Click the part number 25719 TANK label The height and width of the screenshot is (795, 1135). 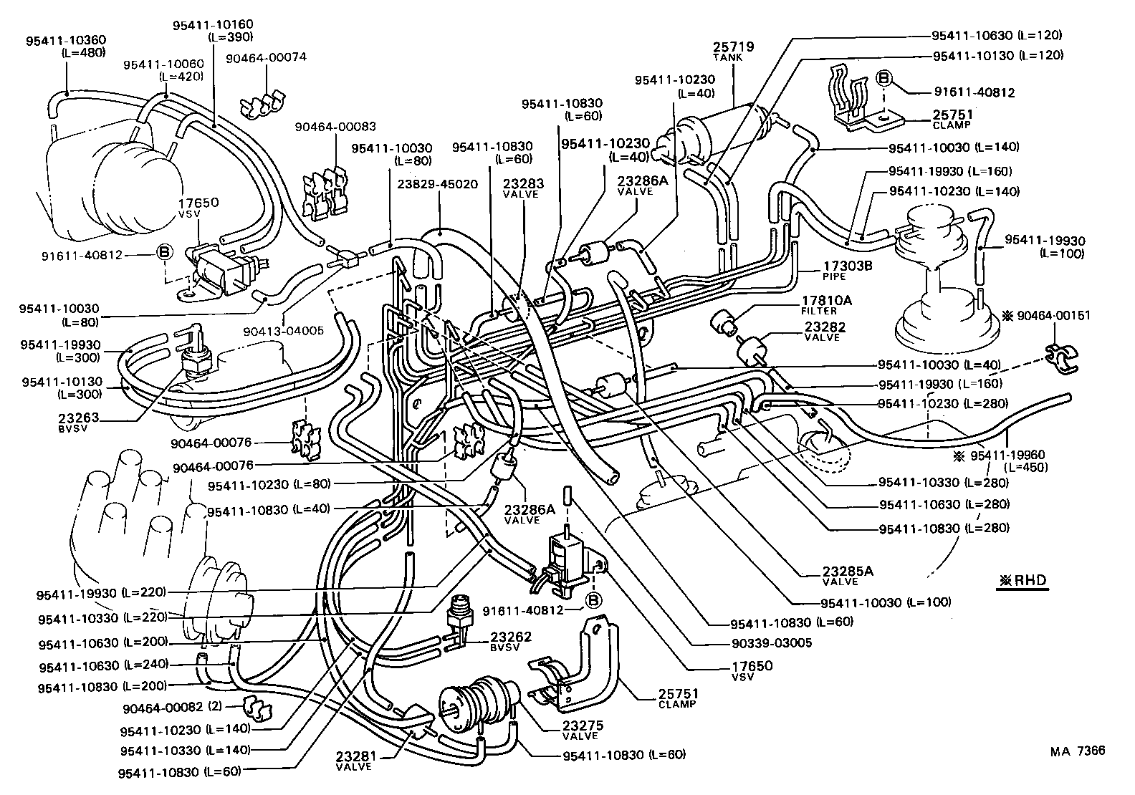pyautogui.click(x=733, y=51)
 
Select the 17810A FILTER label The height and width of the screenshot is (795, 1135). pyautogui.click(x=825, y=305)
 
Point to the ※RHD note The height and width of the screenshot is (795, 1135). pyautogui.click(x=1021, y=581)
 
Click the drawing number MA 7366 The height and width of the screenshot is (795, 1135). pyautogui.click(x=1077, y=751)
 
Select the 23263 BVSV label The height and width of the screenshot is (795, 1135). pyautogui.click(x=80, y=422)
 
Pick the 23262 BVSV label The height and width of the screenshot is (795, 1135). pyautogui.click(x=511, y=640)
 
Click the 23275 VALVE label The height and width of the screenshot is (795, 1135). pyautogui.click(x=580, y=729)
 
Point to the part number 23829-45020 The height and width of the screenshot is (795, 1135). pyautogui.click(x=436, y=184)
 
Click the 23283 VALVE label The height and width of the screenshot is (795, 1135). pyautogui.click(x=523, y=188)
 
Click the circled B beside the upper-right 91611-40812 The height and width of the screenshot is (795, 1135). pyautogui.click(x=883, y=78)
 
